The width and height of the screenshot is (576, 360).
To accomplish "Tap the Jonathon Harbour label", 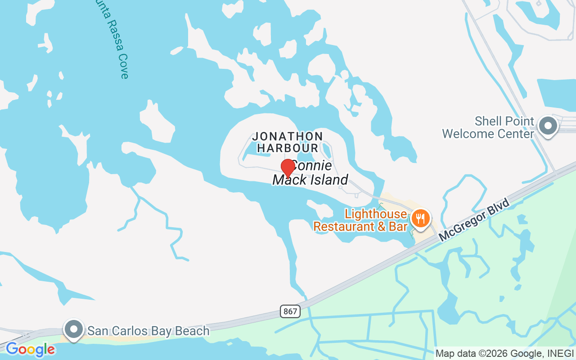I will (287, 142).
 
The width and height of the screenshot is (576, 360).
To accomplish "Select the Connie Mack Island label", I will (310, 173).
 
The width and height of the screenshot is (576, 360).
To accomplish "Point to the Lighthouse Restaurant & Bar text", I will (360, 220).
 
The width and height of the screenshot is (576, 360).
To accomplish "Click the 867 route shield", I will (290, 311).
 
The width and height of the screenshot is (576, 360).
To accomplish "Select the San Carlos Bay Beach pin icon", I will (73, 330).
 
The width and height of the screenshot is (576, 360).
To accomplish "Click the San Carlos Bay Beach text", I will (148, 331).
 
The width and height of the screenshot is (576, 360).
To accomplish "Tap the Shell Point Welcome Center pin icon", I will (548, 126).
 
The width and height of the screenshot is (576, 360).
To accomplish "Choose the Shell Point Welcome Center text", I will (488, 127).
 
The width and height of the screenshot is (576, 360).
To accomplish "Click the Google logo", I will (30, 350).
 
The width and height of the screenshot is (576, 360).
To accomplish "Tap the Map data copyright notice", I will (504, 353).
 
